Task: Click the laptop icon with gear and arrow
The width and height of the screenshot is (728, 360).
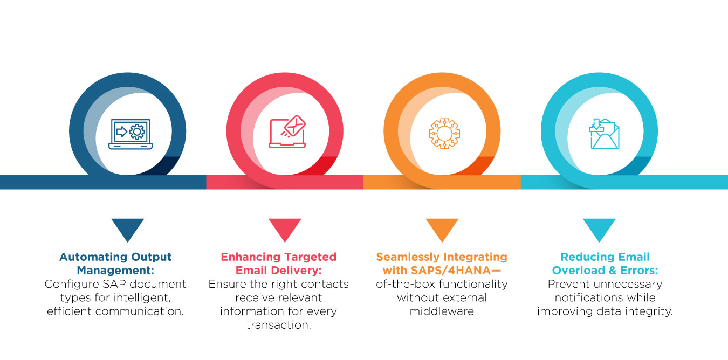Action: click(131, 134)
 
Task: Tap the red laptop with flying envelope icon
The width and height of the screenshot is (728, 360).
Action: click(287, 131)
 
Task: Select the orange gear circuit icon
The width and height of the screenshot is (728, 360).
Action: click(444, 134)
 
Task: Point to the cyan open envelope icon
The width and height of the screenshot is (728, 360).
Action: click(604, 134)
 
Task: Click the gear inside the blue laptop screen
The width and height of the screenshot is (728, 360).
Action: click(137, 131)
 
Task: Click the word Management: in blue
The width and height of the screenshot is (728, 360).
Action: click(115, 271)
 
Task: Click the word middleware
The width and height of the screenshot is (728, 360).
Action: click(442, 311)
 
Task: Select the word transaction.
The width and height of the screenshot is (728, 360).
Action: click(278, 325)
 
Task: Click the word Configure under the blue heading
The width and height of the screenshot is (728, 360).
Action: click(72, 285)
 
